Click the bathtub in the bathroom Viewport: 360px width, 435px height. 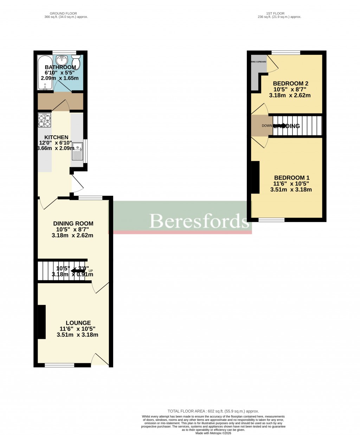coord(45,72)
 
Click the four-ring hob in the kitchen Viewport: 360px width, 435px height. coord(45,121)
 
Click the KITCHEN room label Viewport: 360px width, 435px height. coord(56,137)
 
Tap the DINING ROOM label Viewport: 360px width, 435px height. coord(73,223)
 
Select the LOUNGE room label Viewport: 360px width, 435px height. coord(78,323)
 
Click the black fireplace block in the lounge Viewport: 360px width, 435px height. coord(42,322)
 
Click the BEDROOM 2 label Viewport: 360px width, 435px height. coord(291,84)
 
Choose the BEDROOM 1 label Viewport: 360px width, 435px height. coord(291,178)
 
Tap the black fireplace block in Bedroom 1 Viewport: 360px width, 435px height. coord(255,177)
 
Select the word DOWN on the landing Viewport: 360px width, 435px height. coord(267,126)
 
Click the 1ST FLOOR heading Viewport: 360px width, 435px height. coord(279,13)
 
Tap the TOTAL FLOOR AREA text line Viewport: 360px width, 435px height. coord(213,411)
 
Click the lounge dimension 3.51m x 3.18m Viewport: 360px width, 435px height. coord(77,335)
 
